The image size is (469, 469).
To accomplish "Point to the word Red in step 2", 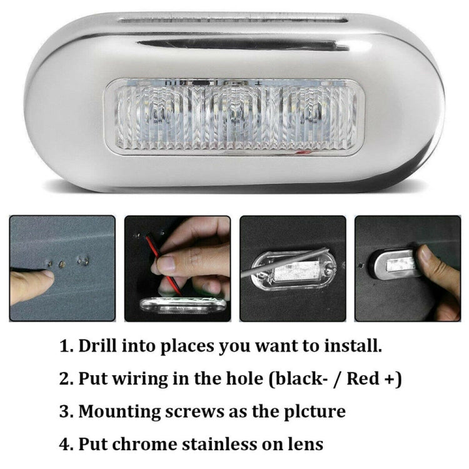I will (361, 378).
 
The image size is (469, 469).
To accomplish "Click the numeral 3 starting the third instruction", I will (64, 411).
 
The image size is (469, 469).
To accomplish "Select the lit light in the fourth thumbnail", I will (400, 264).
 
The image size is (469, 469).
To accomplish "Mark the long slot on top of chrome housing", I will (234, 21).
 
